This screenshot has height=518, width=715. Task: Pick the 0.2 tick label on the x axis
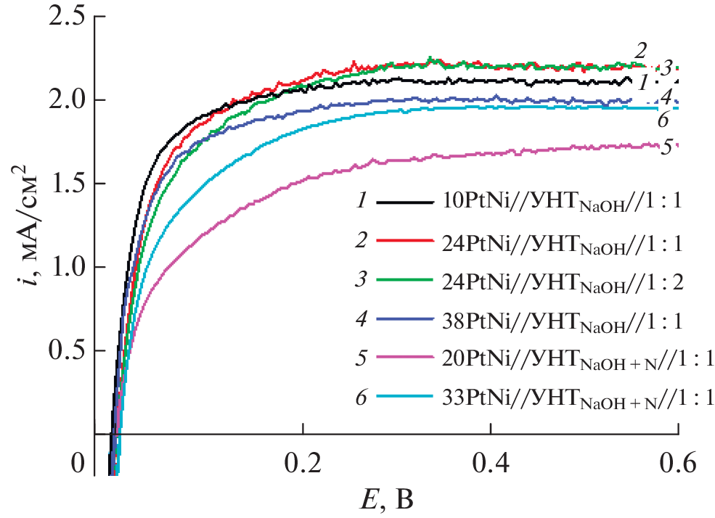[303, 462]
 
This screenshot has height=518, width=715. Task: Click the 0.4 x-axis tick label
[491, 462]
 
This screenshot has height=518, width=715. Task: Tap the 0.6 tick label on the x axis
[677, 462]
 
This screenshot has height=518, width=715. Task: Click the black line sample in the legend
[404, 202]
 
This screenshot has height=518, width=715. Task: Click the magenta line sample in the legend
[404, 358]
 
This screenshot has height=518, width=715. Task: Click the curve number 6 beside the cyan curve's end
[662, 120]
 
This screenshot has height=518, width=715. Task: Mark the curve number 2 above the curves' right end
[640, 51]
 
